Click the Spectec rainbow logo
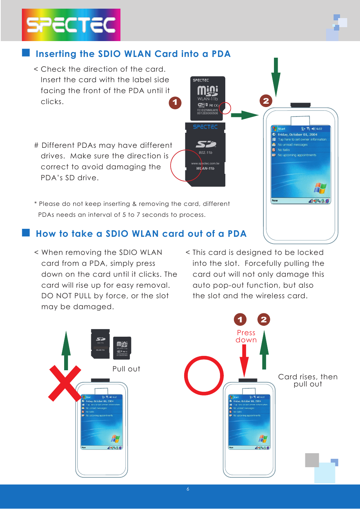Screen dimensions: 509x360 (71, 25)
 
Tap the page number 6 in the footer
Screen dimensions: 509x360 (188, 489)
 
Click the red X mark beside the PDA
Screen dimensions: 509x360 (65, 383)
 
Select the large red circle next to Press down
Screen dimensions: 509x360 (204, 376)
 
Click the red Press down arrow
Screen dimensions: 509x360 (244, 360)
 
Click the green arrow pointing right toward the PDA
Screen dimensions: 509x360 (245, 115)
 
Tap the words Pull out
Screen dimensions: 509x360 (126, 369)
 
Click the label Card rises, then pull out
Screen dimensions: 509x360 (308, 380)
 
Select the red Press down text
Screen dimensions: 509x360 (246, 336)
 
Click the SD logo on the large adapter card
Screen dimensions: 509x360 (206, 144)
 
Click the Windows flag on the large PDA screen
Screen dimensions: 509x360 (320, 187)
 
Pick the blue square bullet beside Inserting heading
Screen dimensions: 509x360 (26, 52)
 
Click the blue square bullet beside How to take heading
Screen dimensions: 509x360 (26, 232)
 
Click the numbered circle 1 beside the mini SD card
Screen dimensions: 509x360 (175, 102)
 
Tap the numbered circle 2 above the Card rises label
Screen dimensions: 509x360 (264, 319)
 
